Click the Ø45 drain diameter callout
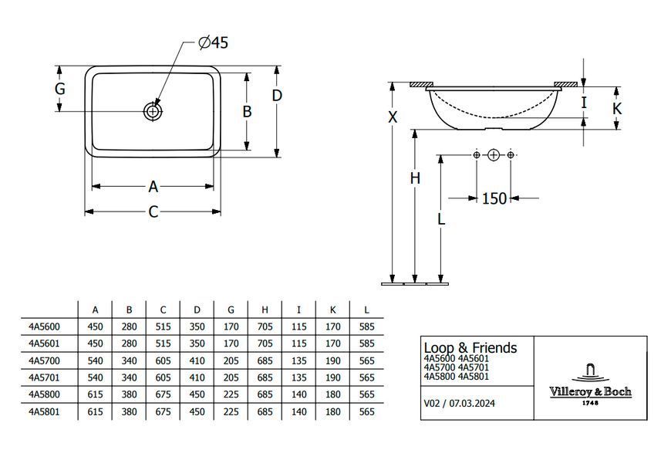(x=214, y=42)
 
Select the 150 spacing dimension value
(x=494, y=198)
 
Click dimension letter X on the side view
(x=393, y=117)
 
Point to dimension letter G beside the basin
(x=60, y=89)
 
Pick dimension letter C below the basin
(x=153, y=211)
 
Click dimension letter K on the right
(x=617, y=108)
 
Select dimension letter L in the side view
(x=441, y=218)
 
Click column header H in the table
(x=265, y=310)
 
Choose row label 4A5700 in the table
(x=44, y=360)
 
